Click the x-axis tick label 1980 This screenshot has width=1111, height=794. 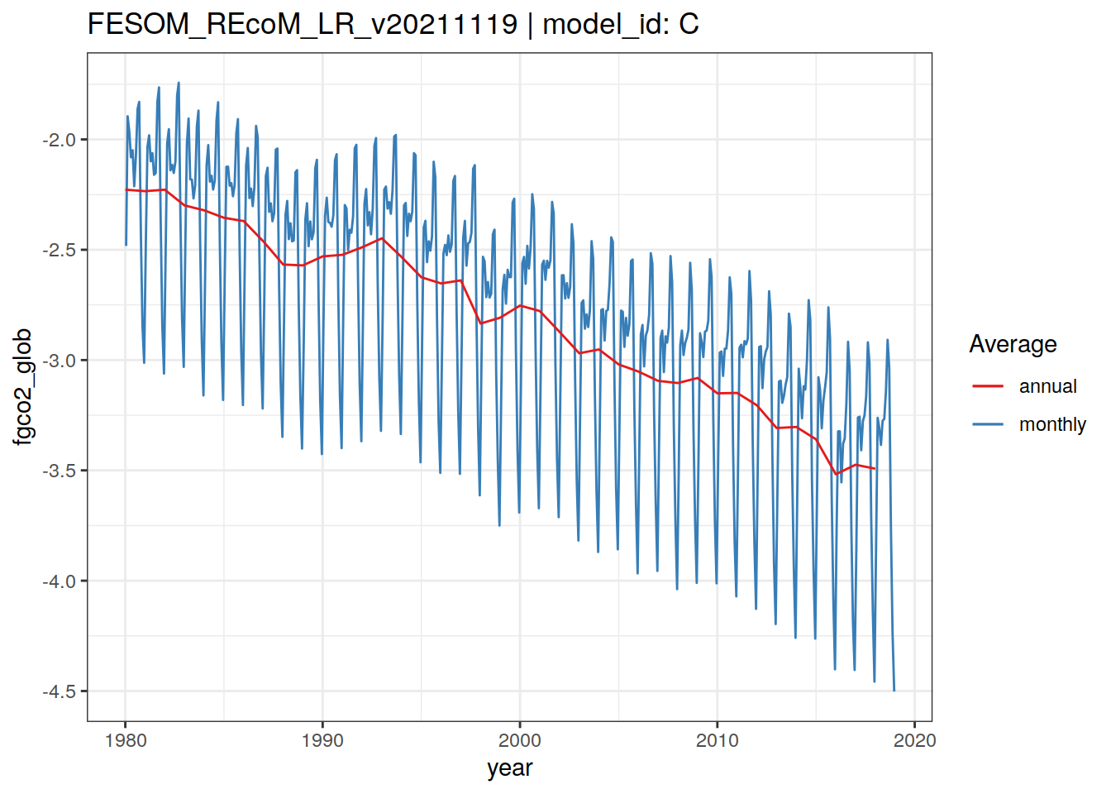tap(126, 740)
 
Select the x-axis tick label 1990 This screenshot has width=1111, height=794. tap(322, 740)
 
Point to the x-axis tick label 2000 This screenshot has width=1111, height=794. tap(520, 740)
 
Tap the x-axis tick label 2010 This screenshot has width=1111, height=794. tap(717, 740)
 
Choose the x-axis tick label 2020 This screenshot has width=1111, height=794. tap(914, 740)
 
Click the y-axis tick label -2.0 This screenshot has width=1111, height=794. tap(60, 140)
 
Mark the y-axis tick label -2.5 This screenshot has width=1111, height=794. tap(60, 250)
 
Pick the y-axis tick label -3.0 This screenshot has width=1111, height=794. tap(60, 361)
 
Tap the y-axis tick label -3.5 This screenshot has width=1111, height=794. tap(60, 471)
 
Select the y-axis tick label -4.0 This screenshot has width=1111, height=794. tap(60, 581)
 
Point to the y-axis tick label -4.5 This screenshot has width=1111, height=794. tap(60, 691)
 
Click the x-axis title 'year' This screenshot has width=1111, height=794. tap(510, 768)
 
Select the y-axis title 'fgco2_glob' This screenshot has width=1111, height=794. tap(23, 386)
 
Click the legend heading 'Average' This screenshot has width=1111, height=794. tap(1013, 344)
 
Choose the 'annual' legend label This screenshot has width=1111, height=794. tap(1047, 386)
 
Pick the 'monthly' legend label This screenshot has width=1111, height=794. tap(1052, 424)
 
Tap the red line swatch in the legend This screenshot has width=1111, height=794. tap(988, 386)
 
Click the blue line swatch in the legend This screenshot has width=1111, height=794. tap(988, 424)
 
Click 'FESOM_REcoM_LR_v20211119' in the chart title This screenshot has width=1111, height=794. tap(303, 24)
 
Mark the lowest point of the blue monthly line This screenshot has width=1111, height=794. tap(894, 691)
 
